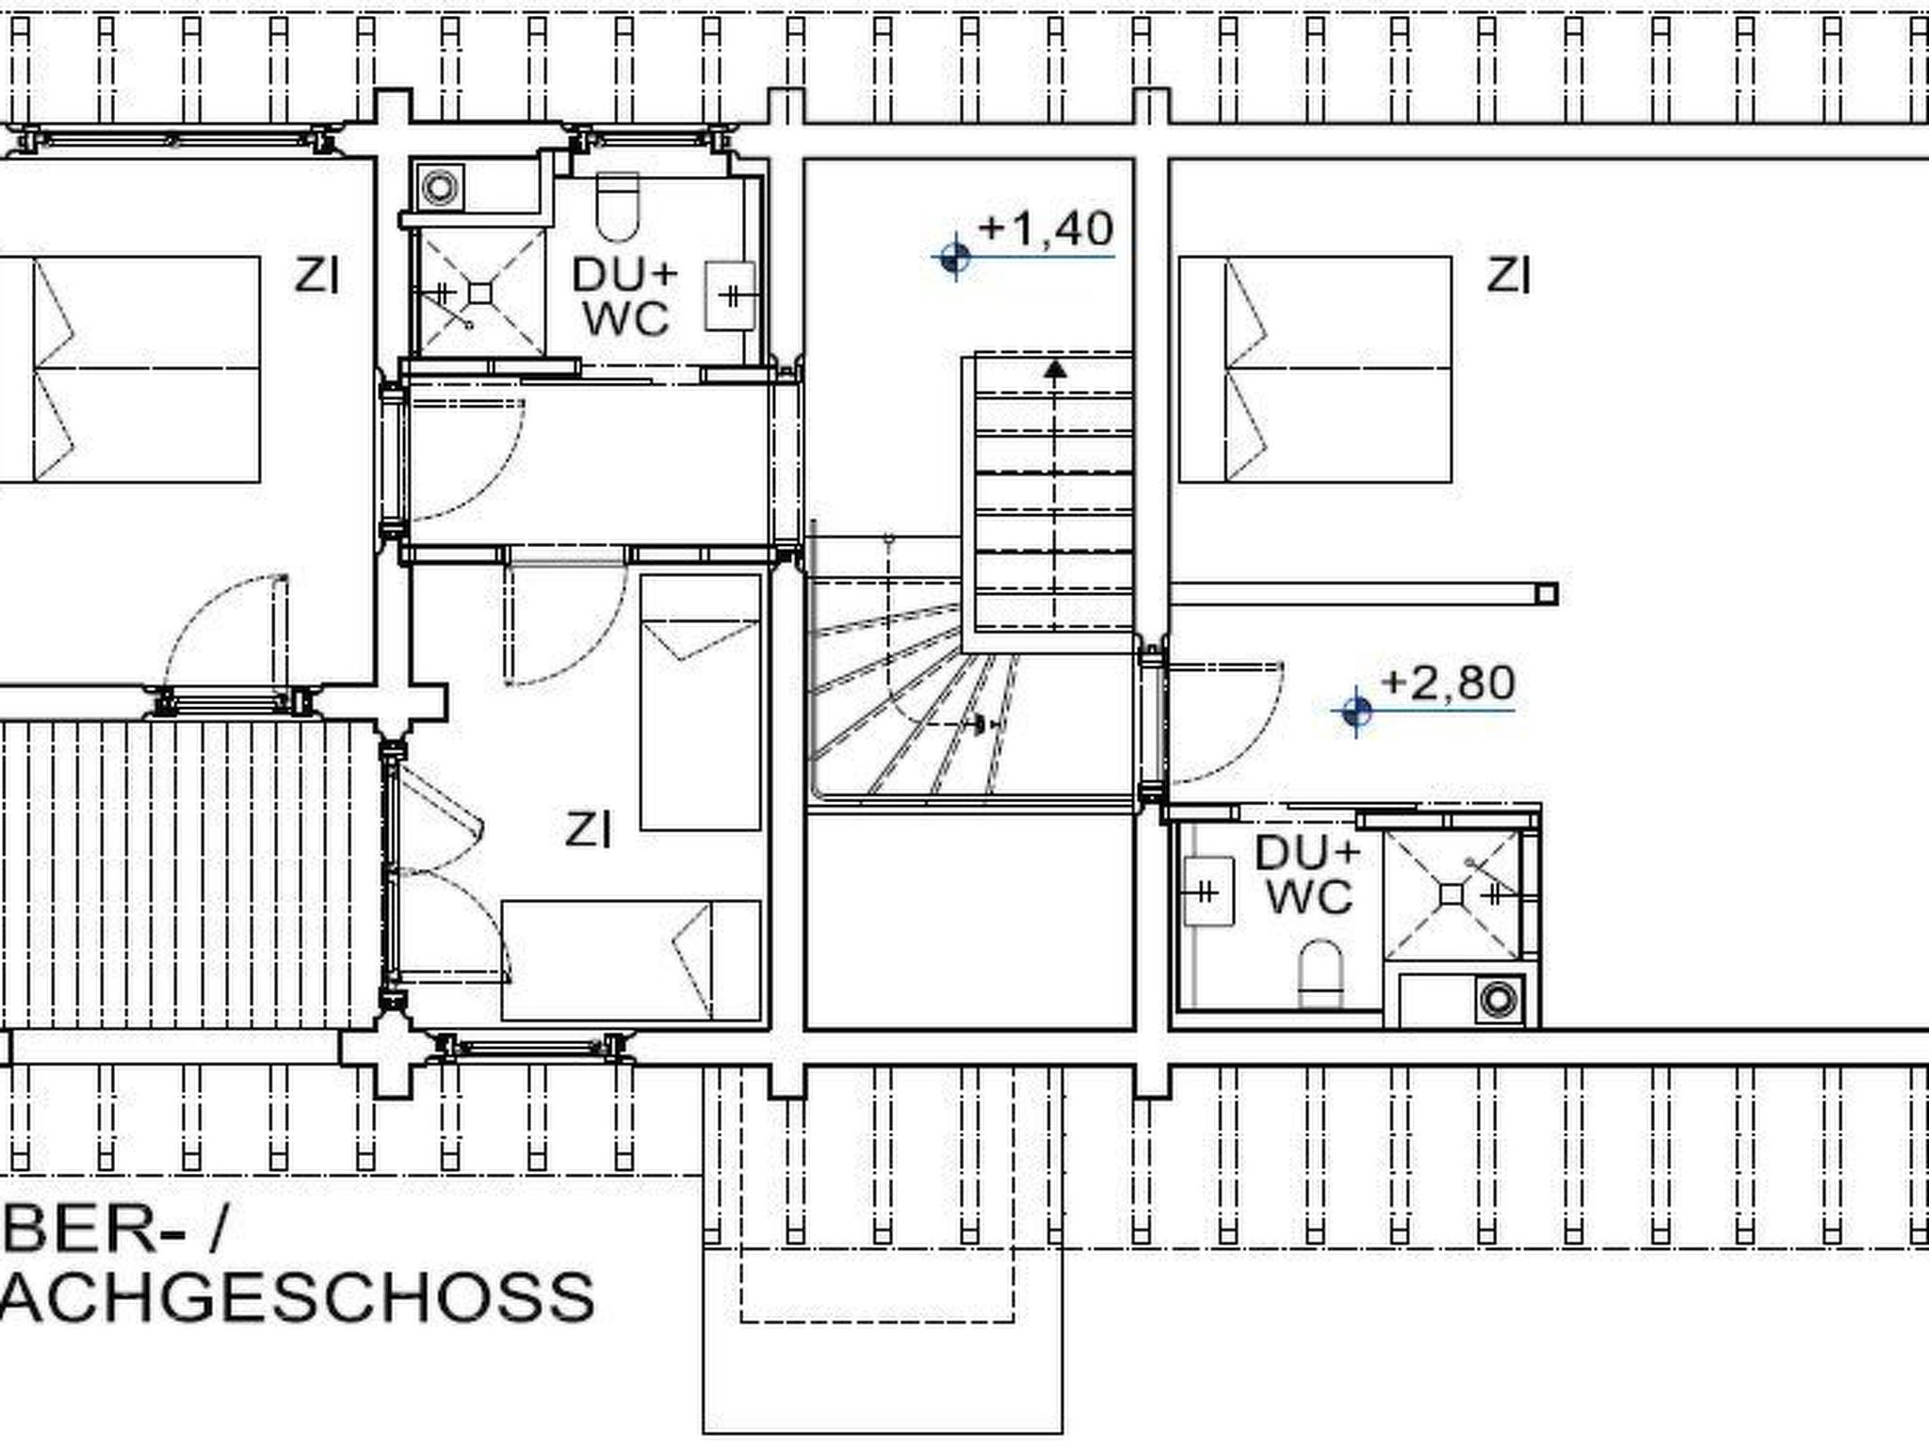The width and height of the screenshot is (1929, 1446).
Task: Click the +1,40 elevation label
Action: pyautogui.click(x=1046, y=229)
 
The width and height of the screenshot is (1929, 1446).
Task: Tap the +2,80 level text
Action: pyautogui.click(x=1448, y=683)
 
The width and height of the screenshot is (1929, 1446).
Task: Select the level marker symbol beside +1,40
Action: pyautogui.click(x=955, y=256)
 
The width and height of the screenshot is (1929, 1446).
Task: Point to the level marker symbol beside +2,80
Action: pyautogui.click(x=1356, y=711)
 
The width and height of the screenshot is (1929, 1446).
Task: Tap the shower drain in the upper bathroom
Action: pyautogui.click(x=480, y=293)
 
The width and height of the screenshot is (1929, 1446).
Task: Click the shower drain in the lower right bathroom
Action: pyautogui.click(x=1451, y=893)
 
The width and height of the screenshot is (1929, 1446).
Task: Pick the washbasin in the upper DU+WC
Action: pyautogui.click(x=730, y=296)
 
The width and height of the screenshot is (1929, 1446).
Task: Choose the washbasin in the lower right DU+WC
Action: pyautogui.click(x=1209, y=891)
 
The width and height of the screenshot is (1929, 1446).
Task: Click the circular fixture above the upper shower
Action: pyautogui.click(x=439, y=187)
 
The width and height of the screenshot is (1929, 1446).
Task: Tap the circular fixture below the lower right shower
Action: pyautogui.click(x=1497, y=999)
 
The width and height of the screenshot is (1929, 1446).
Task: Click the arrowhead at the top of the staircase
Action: pyautogui.click(x=1056, y=368)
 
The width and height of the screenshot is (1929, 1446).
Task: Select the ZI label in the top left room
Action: pyautogui.click(x=316, y=276)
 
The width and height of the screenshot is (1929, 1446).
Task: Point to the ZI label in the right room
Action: pyautogui.click(x=1509, y=276)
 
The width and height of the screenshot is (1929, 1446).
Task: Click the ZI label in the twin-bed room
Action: pyautogui.click(x=588, y=829)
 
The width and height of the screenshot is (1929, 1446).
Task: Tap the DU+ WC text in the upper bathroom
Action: pyautogui.click(x=625, y=297)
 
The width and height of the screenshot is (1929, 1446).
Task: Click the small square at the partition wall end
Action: pyautogui.click(x=1547, y=594)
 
